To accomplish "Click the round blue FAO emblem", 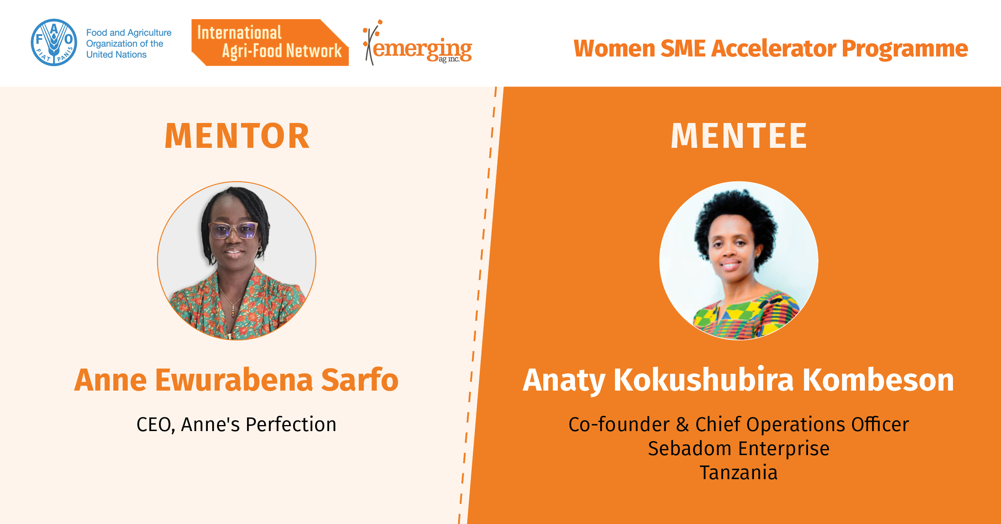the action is click(x=54, y=42).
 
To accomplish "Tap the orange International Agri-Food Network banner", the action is click(x=270, y=42).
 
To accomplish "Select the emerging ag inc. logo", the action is click(x=418, y=43).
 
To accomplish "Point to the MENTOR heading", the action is click(x=237, y=136).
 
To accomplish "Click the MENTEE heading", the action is click(x=739, y=136).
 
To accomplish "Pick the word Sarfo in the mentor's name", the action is click(x=360, y=380).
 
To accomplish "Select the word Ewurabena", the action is click(x=234, y=380).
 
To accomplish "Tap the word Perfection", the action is click(x=291, y=424).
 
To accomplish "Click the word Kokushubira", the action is click(x=704, y=380).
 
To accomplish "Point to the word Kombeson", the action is click(x=878, y=380).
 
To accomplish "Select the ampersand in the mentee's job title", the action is click(x=682, y=424).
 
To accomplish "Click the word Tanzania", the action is click(x=739, y=473).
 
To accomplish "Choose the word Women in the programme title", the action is click(x=614, y=48).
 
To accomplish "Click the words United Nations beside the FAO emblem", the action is click(x=117, y=54).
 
